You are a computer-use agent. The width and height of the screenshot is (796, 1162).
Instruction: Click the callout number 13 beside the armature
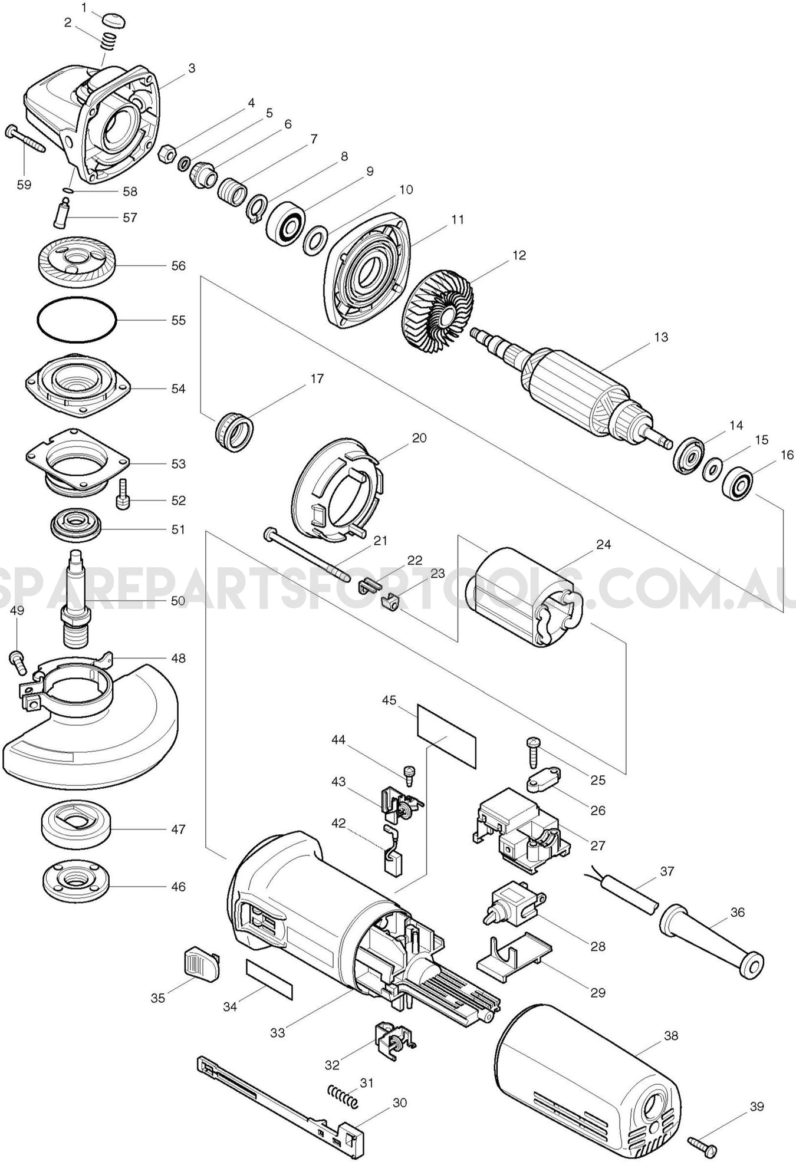[x=661, y=337]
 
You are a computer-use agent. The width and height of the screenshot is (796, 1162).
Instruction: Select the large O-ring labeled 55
[x=77, y=321]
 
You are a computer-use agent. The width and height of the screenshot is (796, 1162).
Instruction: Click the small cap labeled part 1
[x=114, y=19]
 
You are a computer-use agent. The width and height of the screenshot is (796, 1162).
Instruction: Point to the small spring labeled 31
[x=343, y=1095]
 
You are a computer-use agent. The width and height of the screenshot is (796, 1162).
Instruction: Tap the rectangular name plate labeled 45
[x=446, y=735]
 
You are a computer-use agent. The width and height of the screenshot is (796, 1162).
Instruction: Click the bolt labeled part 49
[x=18, y=662]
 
